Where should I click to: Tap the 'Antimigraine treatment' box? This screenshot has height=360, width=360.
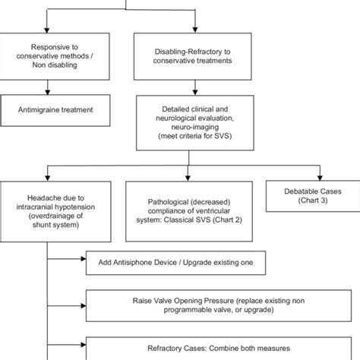tap(58, 111)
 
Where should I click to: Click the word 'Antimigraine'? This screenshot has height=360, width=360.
tap(43, 111)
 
